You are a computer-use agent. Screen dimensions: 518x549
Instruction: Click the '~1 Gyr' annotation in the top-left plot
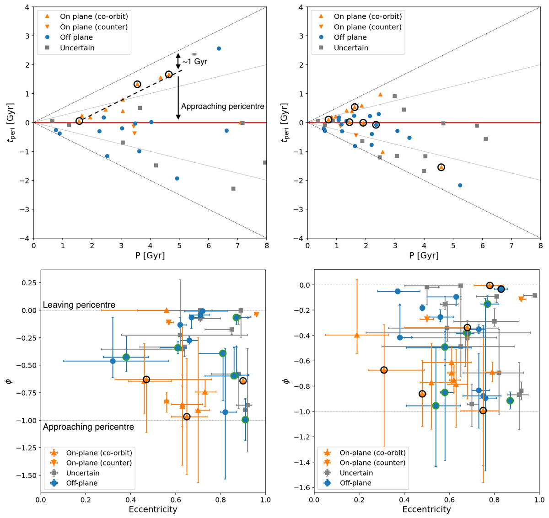(195, 62)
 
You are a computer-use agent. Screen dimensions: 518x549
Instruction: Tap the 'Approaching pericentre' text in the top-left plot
(222, 107)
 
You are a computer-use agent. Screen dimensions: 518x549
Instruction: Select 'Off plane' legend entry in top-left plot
(76, 37)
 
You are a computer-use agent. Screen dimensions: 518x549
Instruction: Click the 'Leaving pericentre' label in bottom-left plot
(79, 305)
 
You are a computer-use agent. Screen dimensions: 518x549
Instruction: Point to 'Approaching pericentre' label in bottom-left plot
(88, 427)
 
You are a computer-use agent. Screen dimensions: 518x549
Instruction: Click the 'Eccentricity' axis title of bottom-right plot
(426, 509)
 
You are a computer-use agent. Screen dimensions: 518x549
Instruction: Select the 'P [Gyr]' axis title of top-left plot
(150, 256)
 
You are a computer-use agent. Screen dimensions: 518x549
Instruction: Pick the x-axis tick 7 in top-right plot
(511, 246)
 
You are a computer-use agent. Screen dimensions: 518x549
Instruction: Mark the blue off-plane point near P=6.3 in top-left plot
(219, 48)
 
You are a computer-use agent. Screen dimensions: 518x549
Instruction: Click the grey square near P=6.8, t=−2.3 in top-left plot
(233, 188)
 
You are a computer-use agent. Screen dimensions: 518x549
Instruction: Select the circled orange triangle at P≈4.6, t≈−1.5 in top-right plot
(441, 167)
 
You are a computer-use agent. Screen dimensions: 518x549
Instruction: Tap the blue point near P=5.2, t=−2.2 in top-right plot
(460, 185)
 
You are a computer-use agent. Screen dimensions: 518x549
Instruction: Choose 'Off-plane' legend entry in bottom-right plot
(355, 483)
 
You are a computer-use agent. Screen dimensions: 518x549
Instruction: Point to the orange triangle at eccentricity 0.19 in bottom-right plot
(357, 335)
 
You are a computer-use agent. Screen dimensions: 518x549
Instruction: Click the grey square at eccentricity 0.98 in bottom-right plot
(535, 295)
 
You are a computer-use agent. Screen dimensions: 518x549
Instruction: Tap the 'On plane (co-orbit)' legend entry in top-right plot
(368, 16)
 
